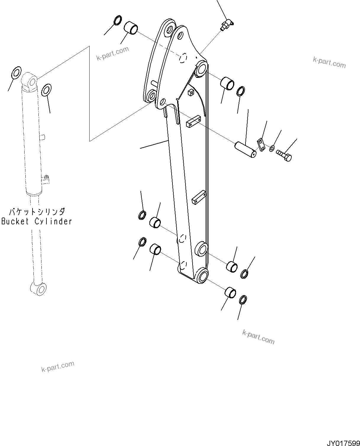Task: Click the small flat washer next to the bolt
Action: [x=272, y=148]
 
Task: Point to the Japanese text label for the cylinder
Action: [x=37, y=212]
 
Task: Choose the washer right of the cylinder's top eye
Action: [x=46, y=90]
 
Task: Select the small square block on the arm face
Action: [x=191, y=92]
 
